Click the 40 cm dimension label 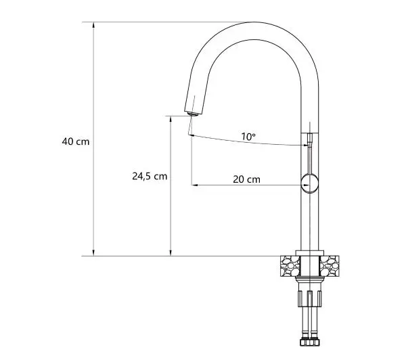[x=76, y=141]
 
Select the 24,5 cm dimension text [x=150, y=177]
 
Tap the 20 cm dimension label [x=246, y=179]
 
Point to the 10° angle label [x=248, y=137]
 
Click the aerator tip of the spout [x=193, y=114]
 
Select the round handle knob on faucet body [x=309, y=183]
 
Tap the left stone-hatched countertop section [x=290, y=266]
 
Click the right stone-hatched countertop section [x=330, y=266]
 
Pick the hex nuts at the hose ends [x=310, y=342]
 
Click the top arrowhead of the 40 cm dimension [x=93, y=25]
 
